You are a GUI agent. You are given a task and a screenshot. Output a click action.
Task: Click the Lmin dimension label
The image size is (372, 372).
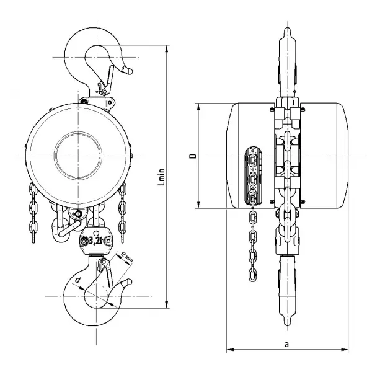coord(162,177)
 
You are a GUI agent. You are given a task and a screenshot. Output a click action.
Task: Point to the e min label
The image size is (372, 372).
coord(126,257)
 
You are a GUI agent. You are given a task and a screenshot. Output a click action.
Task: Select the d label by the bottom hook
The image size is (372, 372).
coord(77,280)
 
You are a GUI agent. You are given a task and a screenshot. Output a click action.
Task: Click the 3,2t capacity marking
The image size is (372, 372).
coord(95,241)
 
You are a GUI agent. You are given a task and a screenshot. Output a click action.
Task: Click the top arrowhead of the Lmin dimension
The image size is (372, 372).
coord(167,48)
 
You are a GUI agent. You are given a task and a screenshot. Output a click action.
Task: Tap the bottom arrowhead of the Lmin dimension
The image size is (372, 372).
coord(167,304)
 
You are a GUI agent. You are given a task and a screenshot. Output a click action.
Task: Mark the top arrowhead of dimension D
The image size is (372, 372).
coord(199,107)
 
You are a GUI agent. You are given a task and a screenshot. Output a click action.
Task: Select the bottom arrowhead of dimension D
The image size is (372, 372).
coord(199,205)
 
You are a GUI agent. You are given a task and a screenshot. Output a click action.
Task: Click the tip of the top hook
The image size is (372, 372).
coord(130,71)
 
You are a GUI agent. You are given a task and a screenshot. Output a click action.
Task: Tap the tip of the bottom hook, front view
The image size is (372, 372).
coord(130,281)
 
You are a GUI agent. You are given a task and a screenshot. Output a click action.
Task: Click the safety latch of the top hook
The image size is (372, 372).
coord(107,80)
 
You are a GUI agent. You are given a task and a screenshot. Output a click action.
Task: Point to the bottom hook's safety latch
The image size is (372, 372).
coord(107,273)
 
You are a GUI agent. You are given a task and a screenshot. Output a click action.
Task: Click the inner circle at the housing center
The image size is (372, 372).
coord(78,156)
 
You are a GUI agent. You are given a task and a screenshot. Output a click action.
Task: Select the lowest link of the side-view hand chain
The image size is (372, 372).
coord(252,275)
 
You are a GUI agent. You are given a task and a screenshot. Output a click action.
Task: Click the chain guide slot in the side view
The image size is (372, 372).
coord(254,176)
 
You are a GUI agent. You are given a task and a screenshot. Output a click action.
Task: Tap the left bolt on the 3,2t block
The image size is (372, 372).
coord(84,241)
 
